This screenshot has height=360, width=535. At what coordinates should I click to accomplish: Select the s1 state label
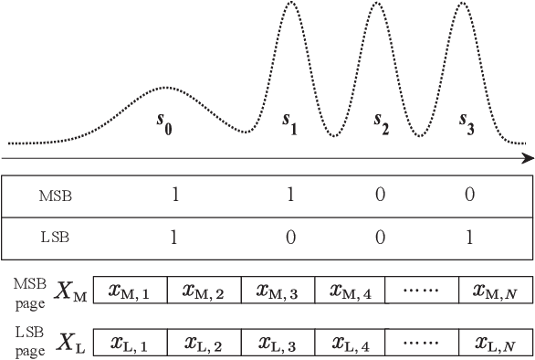pyautogui.click(x=291, y=122)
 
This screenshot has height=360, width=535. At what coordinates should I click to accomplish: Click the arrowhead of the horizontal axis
pyautogui.click(x=528, y=157)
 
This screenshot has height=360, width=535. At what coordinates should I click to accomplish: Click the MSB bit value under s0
pyautogui.click(x=173, y=194)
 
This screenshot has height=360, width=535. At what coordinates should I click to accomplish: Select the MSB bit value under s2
pyautogui.click(x=380, y=194)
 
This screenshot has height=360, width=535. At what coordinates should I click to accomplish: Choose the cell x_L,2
pyautogui.click(x=204, y=344)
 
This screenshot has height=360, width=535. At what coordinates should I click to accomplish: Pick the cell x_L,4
pyautogui.click(x=350, y=344)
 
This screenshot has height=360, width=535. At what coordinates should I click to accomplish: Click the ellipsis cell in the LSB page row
pyautogui.click(x=423, y=344)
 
